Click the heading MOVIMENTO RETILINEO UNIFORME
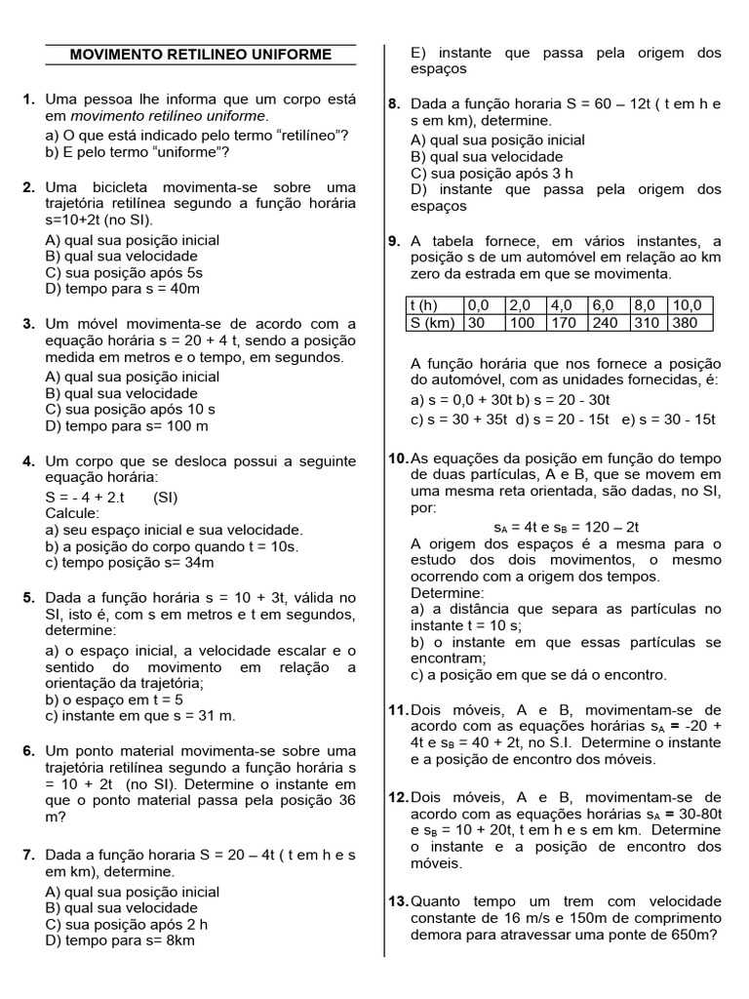point(201,55)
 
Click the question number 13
point(398,900)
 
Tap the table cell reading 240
point(605,322)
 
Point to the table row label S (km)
point(433,322)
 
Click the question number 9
point(394,241)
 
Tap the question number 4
point(29,460)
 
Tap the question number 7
point(29,855)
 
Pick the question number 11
point(398,710)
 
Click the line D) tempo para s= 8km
point(120,940)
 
